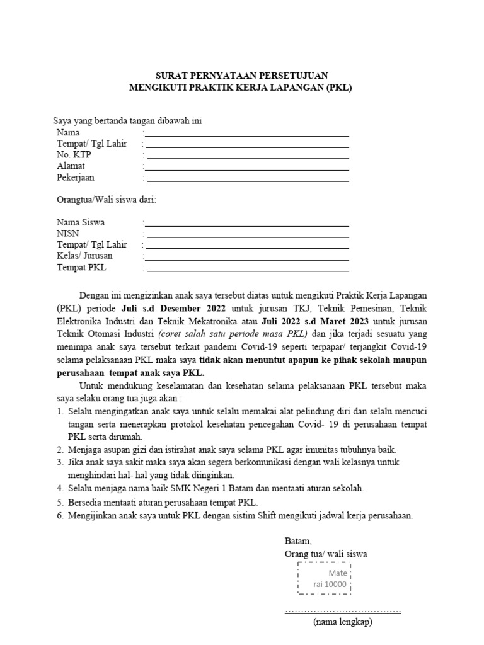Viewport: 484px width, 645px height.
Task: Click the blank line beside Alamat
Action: point(247,169)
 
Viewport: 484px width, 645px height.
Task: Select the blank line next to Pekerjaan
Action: point(247,181)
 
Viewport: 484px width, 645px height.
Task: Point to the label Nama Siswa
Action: point(81,222)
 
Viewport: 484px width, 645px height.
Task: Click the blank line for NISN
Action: point(247,237)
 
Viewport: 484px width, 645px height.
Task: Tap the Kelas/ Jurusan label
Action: point(84,256)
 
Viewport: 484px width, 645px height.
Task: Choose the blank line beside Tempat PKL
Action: point(247,271)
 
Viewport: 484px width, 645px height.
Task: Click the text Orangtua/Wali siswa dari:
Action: point(104,200)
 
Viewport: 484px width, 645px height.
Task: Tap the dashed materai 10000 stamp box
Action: point(323,578)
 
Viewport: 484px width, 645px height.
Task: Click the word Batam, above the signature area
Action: point(298,541)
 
